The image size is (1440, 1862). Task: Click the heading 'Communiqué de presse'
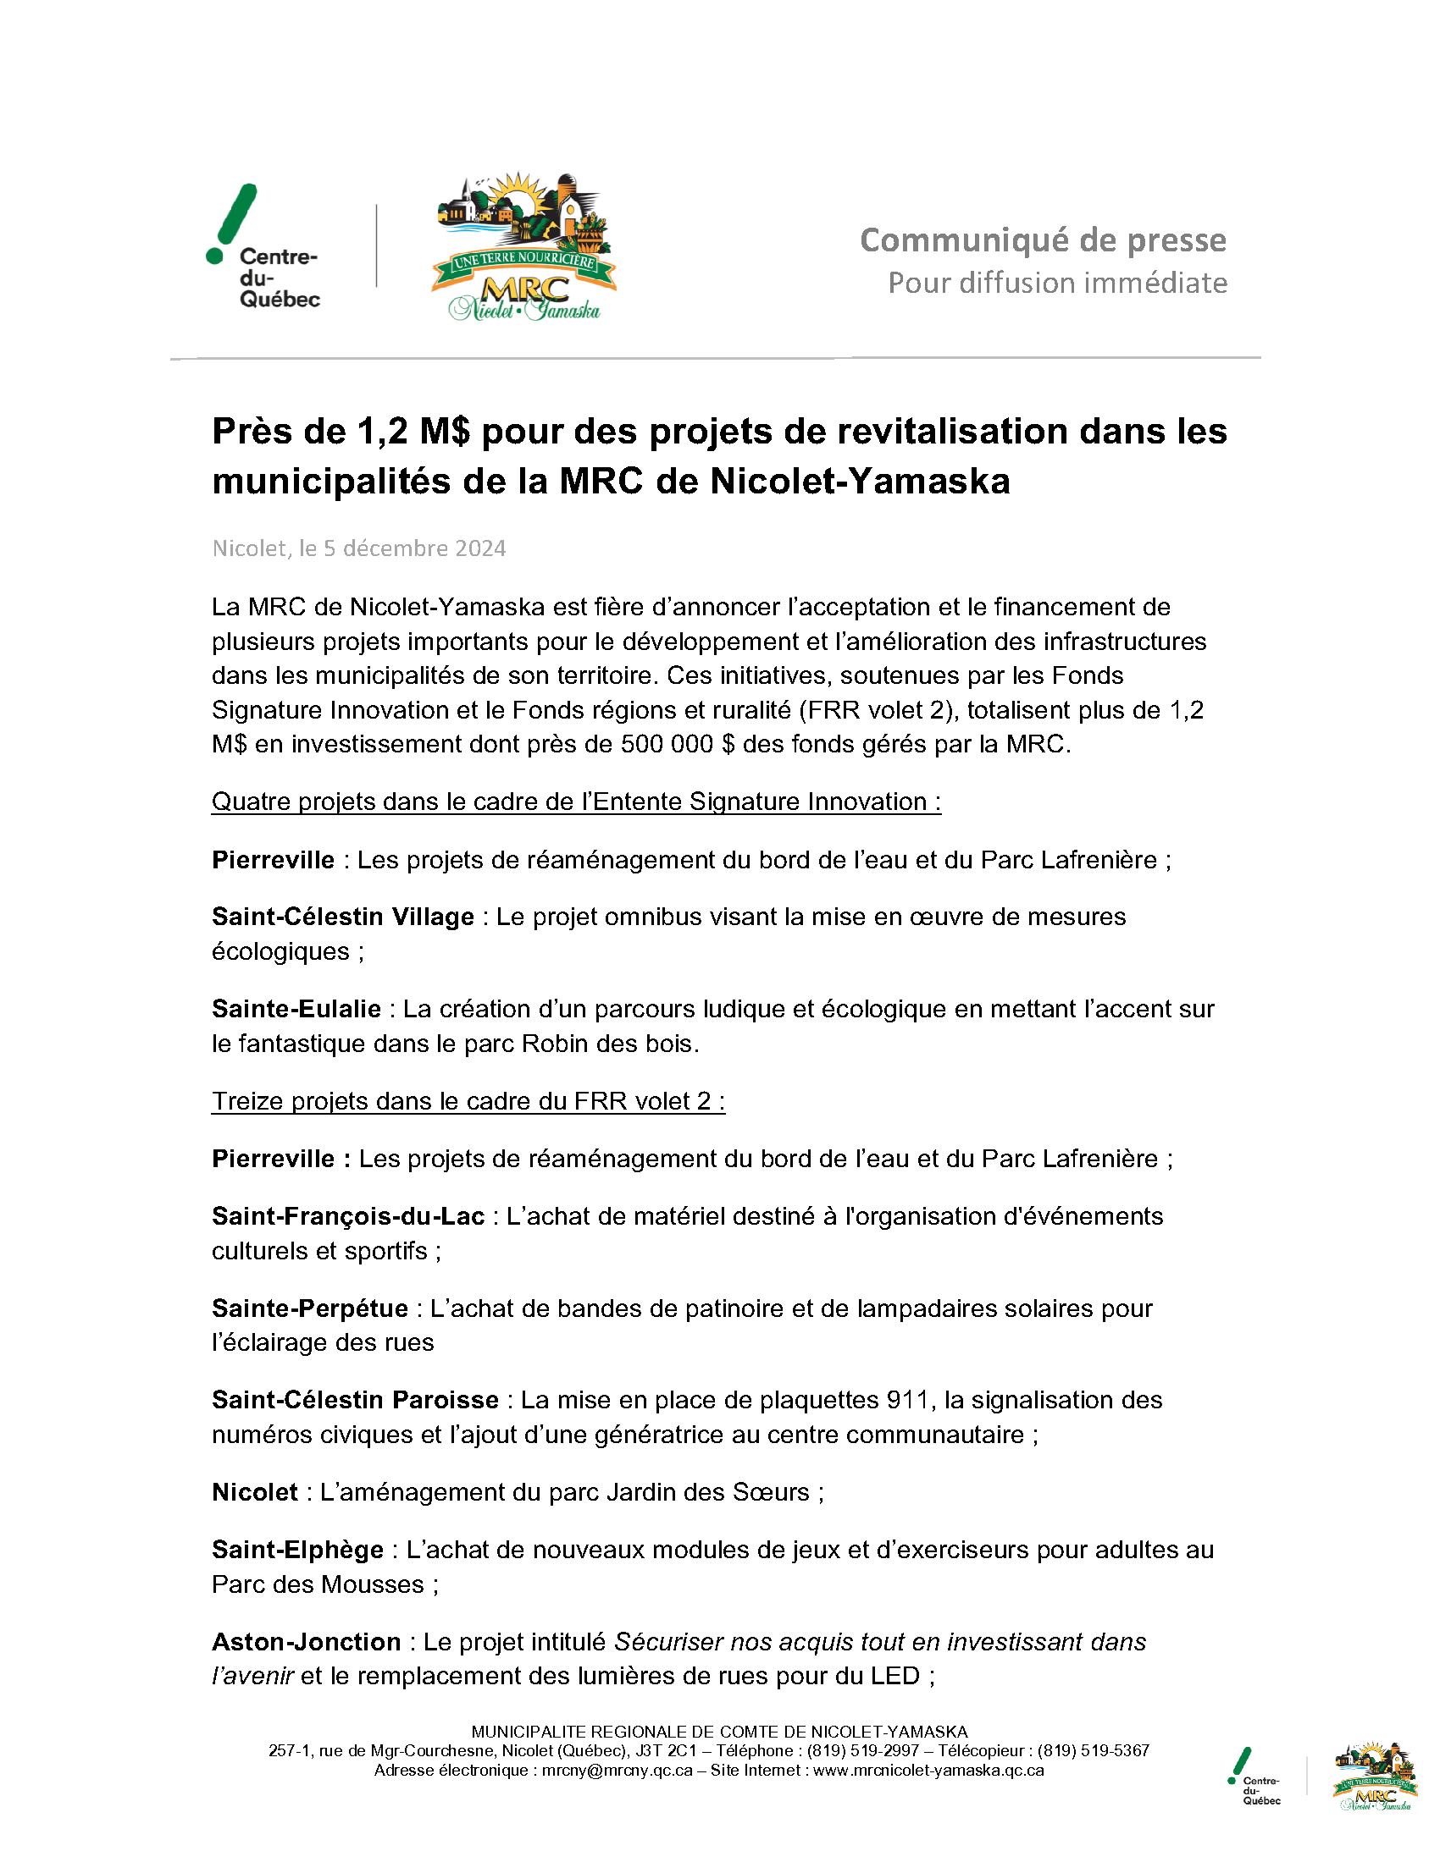click(1043, 240)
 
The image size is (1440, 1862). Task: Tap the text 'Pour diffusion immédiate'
click(1057, 283)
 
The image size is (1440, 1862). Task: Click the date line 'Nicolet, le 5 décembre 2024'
click(358, 548)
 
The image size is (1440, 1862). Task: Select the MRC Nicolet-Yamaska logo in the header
click(523, 247)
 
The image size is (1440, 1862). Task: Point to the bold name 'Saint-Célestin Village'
click(342, 917)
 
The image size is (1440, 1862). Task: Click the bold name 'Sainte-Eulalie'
click(296, 1009)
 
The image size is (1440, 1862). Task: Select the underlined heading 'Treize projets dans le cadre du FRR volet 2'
click(468, 1100)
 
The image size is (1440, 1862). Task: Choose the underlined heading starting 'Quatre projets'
click(576, 802)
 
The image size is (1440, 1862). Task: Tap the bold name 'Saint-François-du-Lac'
click(348, 1215)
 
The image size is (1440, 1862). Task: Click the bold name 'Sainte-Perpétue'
click(310, 1308)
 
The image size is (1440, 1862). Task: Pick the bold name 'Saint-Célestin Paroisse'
click(355, 1400)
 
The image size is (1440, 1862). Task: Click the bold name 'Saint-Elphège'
click(297, 1549)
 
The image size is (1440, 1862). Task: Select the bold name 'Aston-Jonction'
click(307, 1641)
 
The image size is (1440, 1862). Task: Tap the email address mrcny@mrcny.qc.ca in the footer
click(618, 1771)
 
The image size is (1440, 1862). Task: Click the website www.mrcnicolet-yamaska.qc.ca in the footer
click(928, 1771)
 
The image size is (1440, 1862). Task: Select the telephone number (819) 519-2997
click(862, 1751)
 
